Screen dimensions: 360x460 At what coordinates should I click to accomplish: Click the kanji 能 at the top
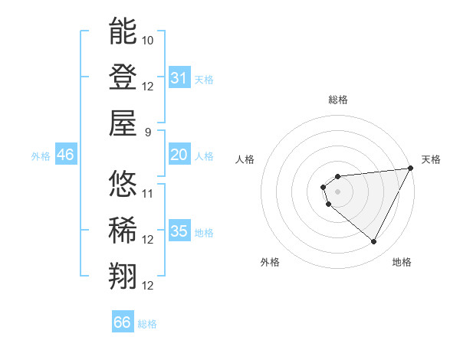point(123,31)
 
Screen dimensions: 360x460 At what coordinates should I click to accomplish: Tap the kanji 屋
point(123,123)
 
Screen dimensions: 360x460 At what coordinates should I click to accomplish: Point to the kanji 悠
point(123,184)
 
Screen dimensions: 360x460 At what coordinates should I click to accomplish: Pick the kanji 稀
point(123,231)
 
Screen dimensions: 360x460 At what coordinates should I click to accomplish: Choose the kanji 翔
point(123,277)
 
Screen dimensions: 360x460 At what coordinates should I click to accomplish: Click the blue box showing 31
point(179,77)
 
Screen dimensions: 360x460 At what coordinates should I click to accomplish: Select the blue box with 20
point(179,155)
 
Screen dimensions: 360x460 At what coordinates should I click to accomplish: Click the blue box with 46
point(66,155)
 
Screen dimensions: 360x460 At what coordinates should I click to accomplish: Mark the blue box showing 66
point(123,322)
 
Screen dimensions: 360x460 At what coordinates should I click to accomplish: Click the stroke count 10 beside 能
point(148,39)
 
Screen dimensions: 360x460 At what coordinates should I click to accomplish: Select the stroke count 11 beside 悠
point(148,193)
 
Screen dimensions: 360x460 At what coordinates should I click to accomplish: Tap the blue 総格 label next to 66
point(147,324)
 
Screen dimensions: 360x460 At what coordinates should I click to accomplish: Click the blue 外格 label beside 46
point(41,156)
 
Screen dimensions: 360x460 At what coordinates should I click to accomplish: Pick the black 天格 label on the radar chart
point(431,159)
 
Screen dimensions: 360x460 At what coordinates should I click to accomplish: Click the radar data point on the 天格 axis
point(412,169)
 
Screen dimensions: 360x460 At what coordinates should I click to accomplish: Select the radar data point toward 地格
point(374,242)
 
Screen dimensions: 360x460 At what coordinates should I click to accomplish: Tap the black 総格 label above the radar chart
point(338,100)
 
